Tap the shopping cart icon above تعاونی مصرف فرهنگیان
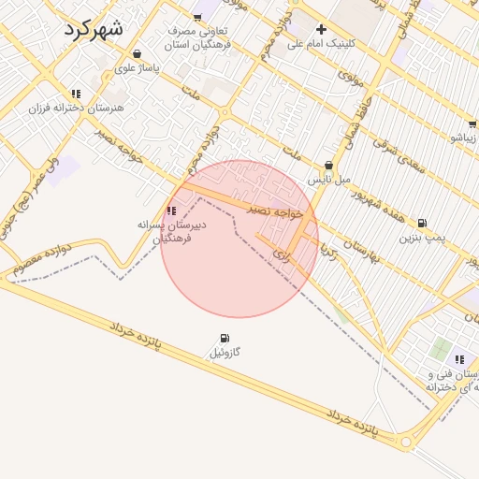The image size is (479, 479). (x=196, y=18)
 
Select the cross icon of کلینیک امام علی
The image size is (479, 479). (x=321, y=29)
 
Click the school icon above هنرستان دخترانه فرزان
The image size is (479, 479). (x=75, y=94)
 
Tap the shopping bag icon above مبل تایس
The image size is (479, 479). (x=328, y=165)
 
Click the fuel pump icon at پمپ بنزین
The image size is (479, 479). (x=422, y=223)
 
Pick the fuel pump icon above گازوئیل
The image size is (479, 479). (x=224, y=339)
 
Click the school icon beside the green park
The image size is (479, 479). (x=459, y=359)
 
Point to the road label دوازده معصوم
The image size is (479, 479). (x=44, y=256)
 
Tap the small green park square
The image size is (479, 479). (x=440, y=349)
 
